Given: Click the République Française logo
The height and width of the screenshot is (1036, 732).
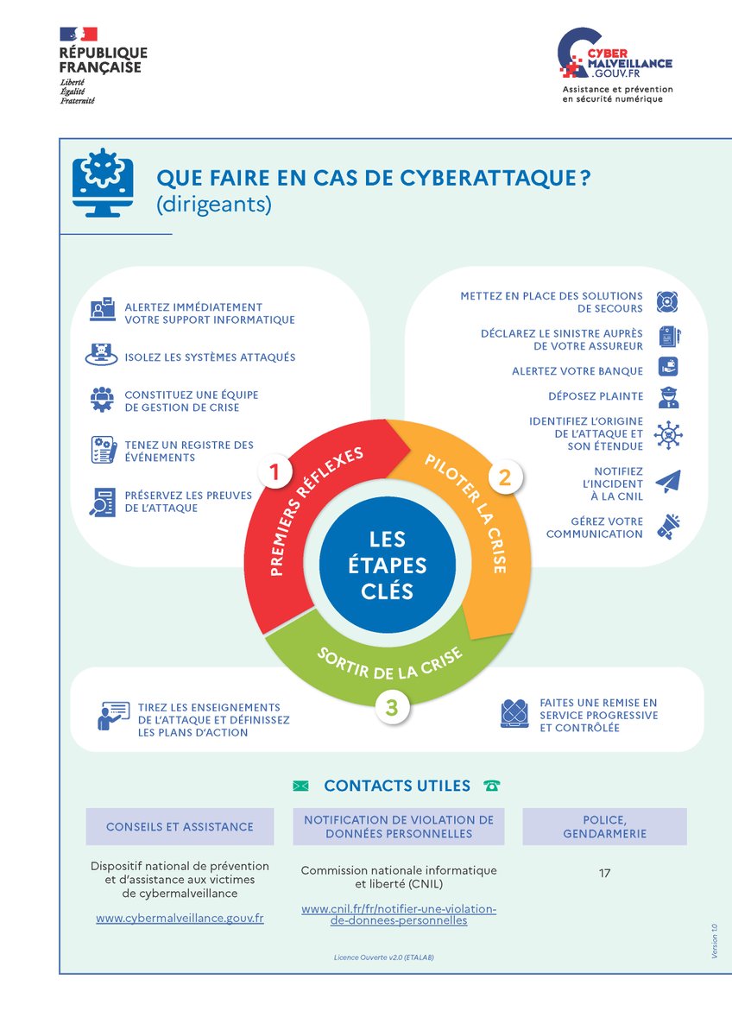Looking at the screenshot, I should click(x=102, y=65).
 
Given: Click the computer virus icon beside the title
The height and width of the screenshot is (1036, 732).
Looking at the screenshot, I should click(x=102, y=181).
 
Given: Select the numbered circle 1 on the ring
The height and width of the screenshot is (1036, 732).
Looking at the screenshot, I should click(x=274, y=472).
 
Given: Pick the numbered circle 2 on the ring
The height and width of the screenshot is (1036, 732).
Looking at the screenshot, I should click(x=505, y=476).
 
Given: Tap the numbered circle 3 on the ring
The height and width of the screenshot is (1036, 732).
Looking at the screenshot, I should click(x=391, y=707).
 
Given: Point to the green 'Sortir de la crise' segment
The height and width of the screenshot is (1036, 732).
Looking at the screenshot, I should click(x=390, y=666).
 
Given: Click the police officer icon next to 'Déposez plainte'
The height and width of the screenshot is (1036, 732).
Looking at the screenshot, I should click(x=668, y=397).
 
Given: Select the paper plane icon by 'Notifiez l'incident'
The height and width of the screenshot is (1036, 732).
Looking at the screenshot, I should click(x=668, y=483).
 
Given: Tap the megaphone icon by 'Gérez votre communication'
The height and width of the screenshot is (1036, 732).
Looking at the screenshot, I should click(x=668, y=527).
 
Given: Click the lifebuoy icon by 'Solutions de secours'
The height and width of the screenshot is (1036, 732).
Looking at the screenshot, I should click(x=668, y=302).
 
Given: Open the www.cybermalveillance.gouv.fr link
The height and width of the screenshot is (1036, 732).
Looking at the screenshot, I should click(x=180, y=919).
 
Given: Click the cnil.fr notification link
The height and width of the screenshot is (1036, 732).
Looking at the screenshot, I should click(x=399, y=914).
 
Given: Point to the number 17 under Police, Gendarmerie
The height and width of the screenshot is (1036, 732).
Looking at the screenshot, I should click(x=604, y=874).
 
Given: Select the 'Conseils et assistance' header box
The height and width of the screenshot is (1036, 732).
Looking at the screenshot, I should click(x=180, y=826).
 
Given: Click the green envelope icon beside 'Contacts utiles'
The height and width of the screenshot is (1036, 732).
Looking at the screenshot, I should click(x=300, y=786).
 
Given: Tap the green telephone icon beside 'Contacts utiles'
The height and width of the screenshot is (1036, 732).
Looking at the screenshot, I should click(x=492, y=786).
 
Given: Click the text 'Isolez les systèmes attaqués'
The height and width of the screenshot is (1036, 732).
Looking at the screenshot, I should click(x=210, y=357).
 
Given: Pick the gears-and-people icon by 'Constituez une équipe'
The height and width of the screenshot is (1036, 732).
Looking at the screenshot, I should click(x=103, y=400).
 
